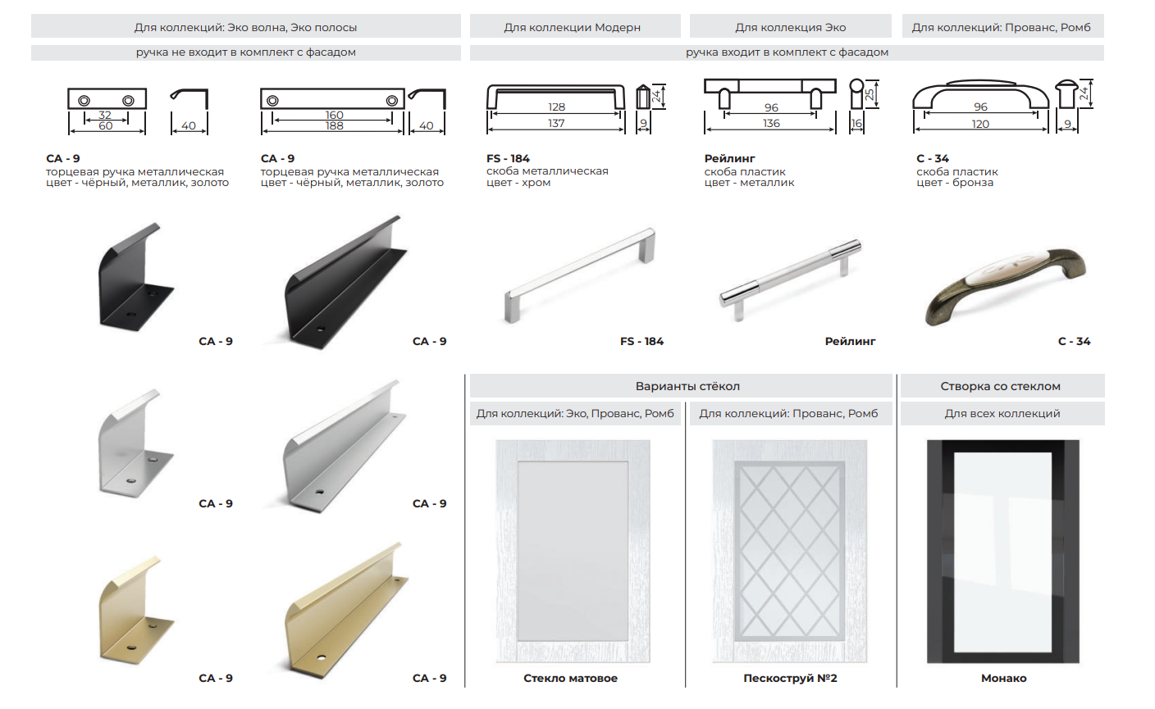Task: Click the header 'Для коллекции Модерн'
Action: tap(572, 27)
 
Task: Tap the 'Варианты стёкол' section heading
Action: tap(687, 386)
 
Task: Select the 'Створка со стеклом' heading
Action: tap(1000, 386)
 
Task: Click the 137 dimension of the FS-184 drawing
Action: tap(556, 123)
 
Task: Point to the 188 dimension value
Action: tap(334, 125)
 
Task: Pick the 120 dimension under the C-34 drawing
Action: tap(980, 124)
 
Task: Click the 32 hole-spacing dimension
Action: tap(105, 115)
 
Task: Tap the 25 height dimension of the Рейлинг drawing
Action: tap(870, 94)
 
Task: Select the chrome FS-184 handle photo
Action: tap(580, 275)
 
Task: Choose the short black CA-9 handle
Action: tap(135, 277)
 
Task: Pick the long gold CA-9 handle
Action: tap(346, 610)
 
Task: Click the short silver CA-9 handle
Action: tap(135, 443)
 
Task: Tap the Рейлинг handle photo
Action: tap(790, 280)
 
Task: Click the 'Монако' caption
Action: tap(1003, 678)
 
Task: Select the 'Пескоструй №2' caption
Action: tap(790, 678)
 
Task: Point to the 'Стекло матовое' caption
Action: tap(570, 678)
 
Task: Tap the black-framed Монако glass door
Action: tap(1003, 552)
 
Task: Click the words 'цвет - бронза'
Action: tap(954, 183)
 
